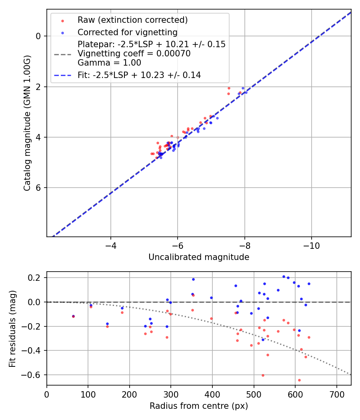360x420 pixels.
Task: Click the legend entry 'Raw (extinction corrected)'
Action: point(132,20)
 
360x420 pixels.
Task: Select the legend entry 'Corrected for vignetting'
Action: point(127,32)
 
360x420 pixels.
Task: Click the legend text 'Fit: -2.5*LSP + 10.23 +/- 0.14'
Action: point(139,75)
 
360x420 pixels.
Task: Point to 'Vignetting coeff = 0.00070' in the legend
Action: point(134,54)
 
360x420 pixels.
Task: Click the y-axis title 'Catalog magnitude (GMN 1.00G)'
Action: point(27,122)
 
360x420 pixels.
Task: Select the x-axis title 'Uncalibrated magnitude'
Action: point(199,257)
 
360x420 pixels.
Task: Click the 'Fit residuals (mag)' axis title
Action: point(12,328)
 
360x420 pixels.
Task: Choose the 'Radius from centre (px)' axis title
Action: point(199,406)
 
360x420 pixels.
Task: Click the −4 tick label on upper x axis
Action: point(111,245)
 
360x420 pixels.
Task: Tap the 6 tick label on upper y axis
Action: point(38,188)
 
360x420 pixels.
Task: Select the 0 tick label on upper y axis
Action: point(38,36)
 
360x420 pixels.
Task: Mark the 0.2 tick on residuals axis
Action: point(36,278)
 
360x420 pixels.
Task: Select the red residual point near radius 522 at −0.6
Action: point(263,375)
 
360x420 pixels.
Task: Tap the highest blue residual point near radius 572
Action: point(284,276)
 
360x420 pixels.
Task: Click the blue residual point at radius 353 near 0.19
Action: point(193,279)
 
